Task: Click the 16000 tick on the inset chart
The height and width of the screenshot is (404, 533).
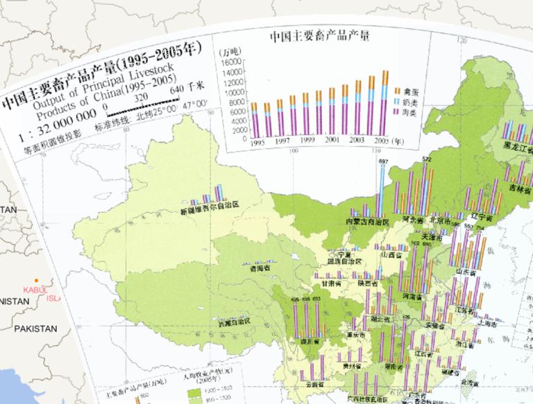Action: click(x=239, y=60)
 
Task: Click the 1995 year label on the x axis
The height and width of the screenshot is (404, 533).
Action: click(x=258, y=142)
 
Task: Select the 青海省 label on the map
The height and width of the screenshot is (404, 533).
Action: click(x=251, y=272)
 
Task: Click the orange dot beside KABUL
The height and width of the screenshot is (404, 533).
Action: click(x=37, y=280)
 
